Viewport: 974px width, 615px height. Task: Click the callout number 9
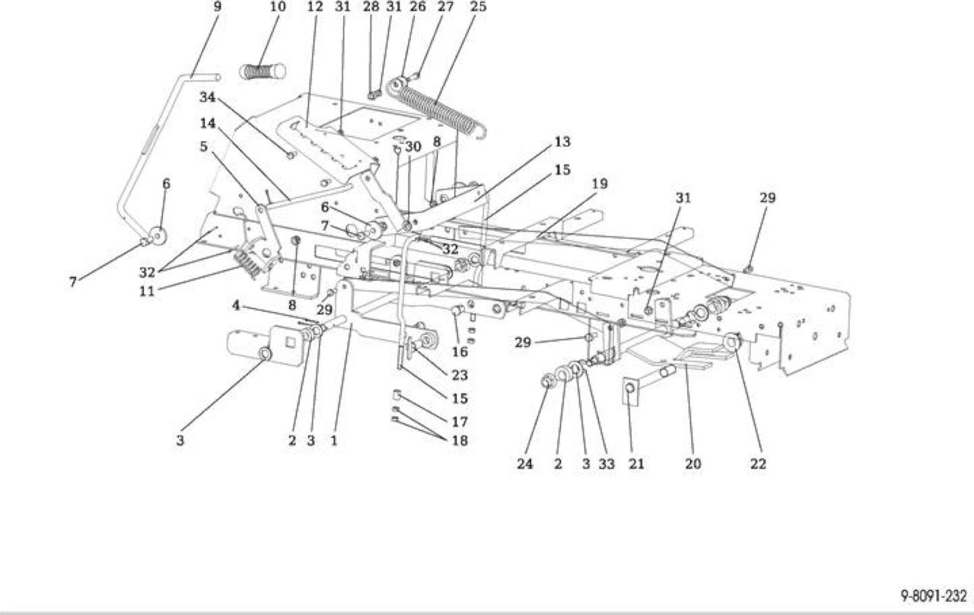[x=218, y=7]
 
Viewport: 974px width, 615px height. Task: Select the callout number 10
[x=279, y=7]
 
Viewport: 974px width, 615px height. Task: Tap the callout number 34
[x=208, y=97]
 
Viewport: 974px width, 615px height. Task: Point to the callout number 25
[x=478, y=7]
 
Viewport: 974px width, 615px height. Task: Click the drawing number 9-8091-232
[x=933, y=595]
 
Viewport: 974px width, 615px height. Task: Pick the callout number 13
[x=562, y=142]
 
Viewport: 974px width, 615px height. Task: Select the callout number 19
[x=600, y=183]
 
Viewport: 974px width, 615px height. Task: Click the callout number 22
[x=757, y=464]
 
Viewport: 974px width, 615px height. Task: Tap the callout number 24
[x=525, y=464]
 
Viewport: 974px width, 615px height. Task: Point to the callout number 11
[x=147, y=291]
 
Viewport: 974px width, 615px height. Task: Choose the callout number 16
[x=460, y=352]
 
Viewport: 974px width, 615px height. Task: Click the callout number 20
[x=693, y=464]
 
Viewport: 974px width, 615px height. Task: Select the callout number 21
[x=637, y=464]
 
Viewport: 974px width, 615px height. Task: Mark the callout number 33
[x=607, y=464]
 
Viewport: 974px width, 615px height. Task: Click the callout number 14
[x=208, y=123]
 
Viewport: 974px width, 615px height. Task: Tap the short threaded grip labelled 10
[x=263, y=72]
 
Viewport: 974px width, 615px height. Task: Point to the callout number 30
[x=413, y=147]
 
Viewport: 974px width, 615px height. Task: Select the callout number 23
[x=460, y=375]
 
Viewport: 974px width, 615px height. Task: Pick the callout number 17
[x=460, y=422]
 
